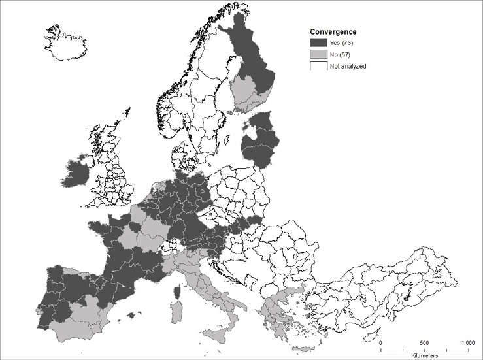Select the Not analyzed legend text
(x=348, y=66)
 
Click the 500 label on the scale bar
(x=424, y=342)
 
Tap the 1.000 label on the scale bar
(x=467, y=342)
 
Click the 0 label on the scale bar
(x=381, y=342)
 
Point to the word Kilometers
(x=425, y=355)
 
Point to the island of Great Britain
(x=112, y=170)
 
